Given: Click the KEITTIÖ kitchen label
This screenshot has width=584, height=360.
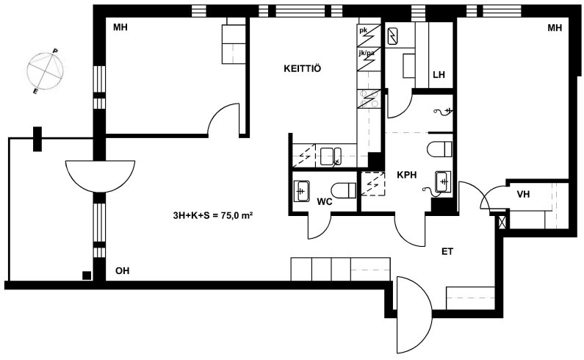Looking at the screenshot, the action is pyautogui.click(x=302, y=68).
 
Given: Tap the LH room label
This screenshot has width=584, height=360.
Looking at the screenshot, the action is pyautogui.click(x=439, y=74).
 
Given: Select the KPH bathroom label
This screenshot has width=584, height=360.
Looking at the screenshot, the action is pyautogui.click(x=406, y=175).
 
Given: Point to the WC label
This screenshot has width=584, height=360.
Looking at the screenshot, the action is pyautogui.click(x=325, y=201).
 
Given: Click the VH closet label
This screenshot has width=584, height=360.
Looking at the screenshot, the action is pyautogui.click(x=523, y=194).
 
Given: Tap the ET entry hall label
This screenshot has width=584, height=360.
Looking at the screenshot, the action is pyautogui.click(x=447, y=251).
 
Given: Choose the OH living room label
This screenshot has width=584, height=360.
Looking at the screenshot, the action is pyautogui.click(x=122, y=270).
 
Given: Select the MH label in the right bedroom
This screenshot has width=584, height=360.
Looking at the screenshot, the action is pyautogui.click(x=555, y=28).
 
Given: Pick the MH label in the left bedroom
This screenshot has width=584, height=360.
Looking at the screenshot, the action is pyautogui.click(x=120, y=27).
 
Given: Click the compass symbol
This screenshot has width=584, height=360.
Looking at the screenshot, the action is pyautogui.click(x=46, y=71).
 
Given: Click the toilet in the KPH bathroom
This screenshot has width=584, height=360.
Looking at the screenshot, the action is pyautogui.click(x=439, y=149).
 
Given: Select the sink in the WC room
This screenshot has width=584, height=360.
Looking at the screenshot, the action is pyautogui.click(x=301, y=191).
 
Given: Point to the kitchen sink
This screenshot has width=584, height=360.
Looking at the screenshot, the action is pyautogui.click(x=331, y=156).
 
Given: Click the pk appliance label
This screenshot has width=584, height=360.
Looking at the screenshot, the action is pyautogui.click(x=363, y=31).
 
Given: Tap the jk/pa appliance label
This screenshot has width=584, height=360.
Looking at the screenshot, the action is pyautogui.click(x=367, y=54).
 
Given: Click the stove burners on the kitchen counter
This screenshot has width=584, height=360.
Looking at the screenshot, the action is pyautogui.click(x=369, y=98).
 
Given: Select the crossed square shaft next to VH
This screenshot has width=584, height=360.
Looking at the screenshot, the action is pyautogui.click(x=502, y=222).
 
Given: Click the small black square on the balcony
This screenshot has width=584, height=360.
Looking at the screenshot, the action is pyautogui.click(x=87, y=276).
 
